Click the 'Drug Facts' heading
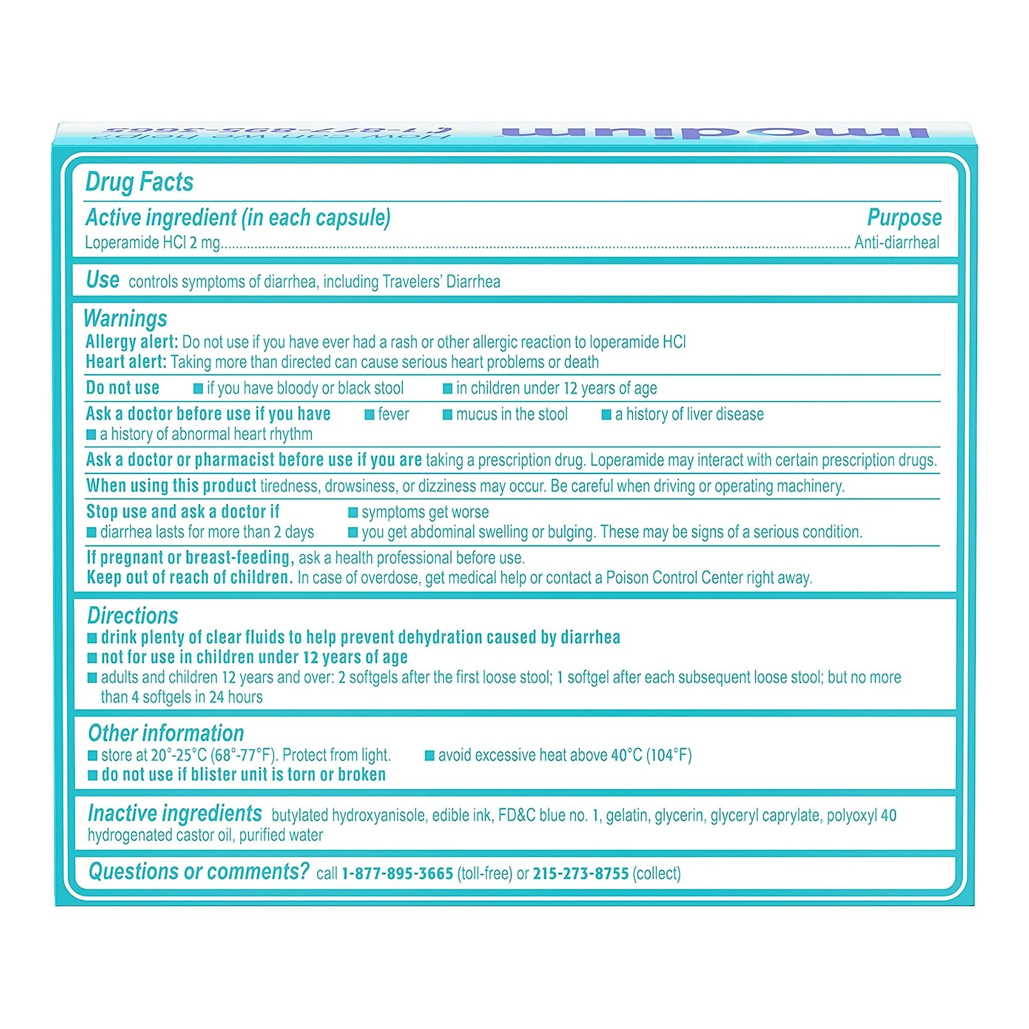coord(139,182)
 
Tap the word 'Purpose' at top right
coord(903,218)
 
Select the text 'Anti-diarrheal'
coord(896,243)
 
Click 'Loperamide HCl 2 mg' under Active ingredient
coord(152,243)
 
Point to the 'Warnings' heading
coord(126,318)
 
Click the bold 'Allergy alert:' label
coord(132,342)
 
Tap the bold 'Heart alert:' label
coord(126,362)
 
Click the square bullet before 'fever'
coord(369,415)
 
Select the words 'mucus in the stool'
coord(511,414)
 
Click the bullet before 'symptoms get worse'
coord(352,512)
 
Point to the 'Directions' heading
coord(133,616)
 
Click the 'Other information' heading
coord(166,733)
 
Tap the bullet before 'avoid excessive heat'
coord(429,756)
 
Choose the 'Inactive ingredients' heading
coord(175,813)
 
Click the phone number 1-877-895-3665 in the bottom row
coord(397,874)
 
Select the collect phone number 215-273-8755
coord(580,874)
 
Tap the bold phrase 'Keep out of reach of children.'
coord(190,578)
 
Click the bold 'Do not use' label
coord(122,388)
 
